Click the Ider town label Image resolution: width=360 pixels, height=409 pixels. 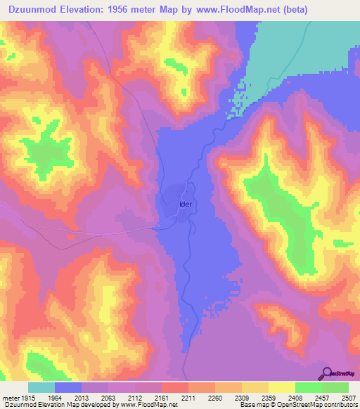coord(185,204)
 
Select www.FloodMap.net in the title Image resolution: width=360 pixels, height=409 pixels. coord(248,8)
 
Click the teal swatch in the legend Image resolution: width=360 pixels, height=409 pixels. coord(41,387)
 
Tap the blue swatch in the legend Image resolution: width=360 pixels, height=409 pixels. coord(68,387)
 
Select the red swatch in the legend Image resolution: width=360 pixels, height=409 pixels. coord(174,387)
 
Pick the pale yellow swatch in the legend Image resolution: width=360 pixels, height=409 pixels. coord(281,387)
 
